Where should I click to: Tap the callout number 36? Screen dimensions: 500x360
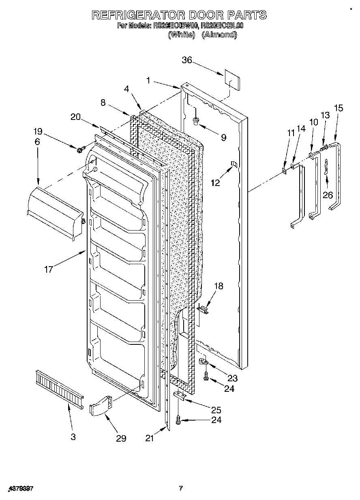(186, 60)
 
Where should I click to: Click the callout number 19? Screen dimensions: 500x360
(38, 131)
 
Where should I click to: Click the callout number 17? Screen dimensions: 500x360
(49, 269)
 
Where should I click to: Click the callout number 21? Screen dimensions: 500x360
(150, 438)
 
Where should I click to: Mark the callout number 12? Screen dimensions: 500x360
(215, 182)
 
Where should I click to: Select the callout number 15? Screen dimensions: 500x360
(338, 108)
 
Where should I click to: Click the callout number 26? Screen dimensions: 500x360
(328, 195)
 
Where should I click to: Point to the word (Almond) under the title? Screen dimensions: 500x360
(219, 35)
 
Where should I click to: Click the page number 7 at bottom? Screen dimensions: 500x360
(181, 489)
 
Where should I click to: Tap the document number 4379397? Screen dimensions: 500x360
(20, 489)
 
